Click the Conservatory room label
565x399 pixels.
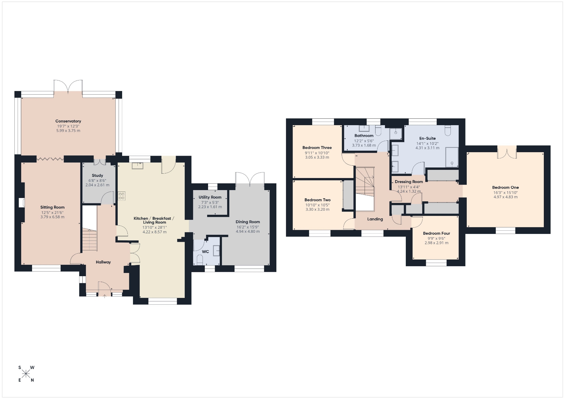click(68, 121)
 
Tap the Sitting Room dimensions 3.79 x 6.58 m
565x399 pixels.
click(52, 217)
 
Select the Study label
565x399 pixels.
click(97, 175)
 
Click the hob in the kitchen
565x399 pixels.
click(122, 196)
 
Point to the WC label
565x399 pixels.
click(205, 252)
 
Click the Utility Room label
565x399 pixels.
click(210, 197)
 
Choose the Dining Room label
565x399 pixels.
click(248, 222)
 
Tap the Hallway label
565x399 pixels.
click(103, 262)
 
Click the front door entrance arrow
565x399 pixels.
click(104, 296)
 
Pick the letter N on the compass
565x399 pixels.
click(32, 380)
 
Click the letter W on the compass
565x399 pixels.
click(32, 368)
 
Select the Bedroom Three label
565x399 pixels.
click(317, 147)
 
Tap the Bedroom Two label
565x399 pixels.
click(318, 200)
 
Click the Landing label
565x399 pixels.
click(375, 219)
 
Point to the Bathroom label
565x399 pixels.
click(364, 135)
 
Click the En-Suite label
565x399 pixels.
click(427, 138)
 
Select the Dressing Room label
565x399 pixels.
click(409, 182)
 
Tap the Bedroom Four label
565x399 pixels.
click(436, 233)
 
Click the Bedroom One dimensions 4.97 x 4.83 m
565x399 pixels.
click(506, 197)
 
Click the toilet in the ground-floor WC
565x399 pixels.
click(200, 259)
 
